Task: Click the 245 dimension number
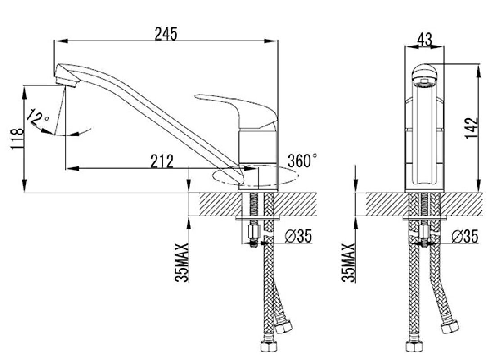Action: coord(166,34)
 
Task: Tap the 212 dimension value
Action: coord(162,161)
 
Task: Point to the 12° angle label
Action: coord(37,118)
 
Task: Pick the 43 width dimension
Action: coord(424,40)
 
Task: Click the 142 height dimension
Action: coord(471,128)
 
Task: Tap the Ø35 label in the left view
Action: coord(298,236)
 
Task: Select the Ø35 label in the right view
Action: coord(465,237)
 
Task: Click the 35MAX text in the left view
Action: coord(182,263)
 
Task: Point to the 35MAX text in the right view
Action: coord(348,263)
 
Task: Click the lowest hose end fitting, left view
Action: coord(268,346)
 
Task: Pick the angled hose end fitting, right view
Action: coord(450,327)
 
